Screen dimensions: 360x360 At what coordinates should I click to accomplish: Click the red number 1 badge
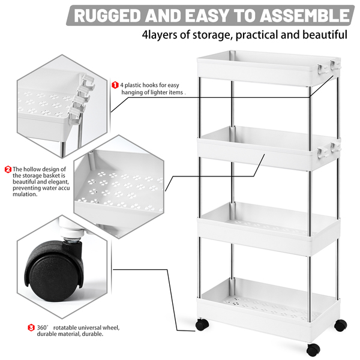pyautogui.click(x=115, y=85)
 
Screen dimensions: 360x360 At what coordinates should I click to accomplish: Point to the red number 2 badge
pyautogui.click(x=8, y=169)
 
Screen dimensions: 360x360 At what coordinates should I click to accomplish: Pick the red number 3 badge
pyautogui.click(x=31, y=328)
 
